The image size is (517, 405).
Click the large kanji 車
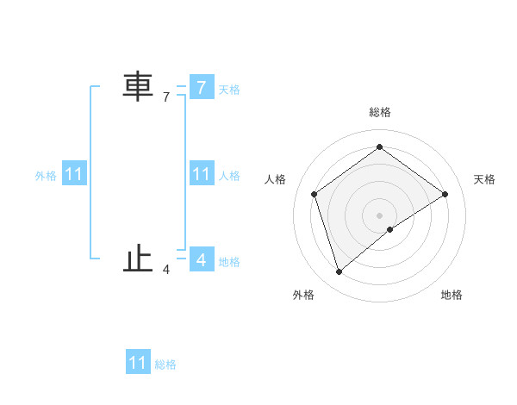138,87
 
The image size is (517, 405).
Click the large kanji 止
138,259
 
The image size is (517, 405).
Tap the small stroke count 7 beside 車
166,97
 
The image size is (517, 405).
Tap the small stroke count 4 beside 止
166,270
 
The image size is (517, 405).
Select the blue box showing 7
201,87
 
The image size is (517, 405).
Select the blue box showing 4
201,259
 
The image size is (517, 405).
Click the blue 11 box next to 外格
74,175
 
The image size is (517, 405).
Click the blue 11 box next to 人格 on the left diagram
201,175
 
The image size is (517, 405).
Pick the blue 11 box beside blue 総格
138,363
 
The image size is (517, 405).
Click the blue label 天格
229,89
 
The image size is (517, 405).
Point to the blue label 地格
229,261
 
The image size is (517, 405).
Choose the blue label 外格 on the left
46,176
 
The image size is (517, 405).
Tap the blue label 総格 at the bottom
165,364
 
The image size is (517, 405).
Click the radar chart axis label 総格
379,112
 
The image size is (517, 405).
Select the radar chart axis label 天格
485,179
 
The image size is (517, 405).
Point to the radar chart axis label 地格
452,296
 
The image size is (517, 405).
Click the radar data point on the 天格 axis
445,194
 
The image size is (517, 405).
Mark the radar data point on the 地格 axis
390,229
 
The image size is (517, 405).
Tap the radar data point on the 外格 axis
339,272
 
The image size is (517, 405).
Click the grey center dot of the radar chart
379,215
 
